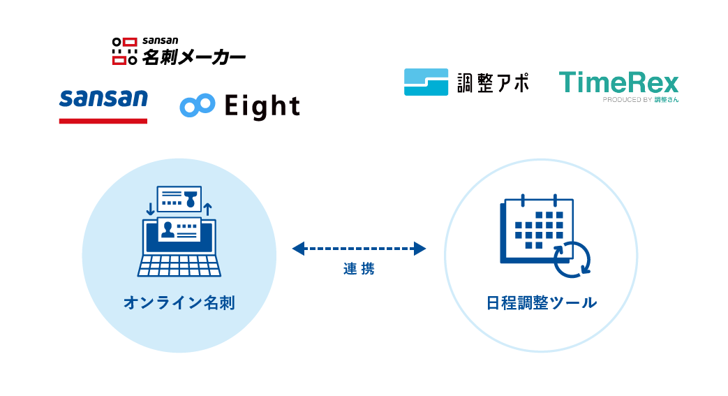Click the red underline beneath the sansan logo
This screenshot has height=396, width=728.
103,121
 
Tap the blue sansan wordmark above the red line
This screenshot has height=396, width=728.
103,98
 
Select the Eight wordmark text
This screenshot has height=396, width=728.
262,106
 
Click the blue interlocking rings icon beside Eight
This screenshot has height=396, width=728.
197,105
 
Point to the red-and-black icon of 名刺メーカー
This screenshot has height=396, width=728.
125,51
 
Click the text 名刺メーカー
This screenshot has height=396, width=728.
193,56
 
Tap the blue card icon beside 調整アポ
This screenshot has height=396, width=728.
426,82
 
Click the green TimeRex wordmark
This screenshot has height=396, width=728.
618,83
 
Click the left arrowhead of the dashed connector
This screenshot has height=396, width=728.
299,248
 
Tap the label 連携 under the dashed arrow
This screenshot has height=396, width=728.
359,269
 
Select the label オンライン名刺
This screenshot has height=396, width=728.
179,303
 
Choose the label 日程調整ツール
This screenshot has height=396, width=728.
541,303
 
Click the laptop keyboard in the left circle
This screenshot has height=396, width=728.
179,266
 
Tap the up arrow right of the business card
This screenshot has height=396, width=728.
207,209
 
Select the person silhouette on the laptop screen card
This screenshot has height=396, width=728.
168,230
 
